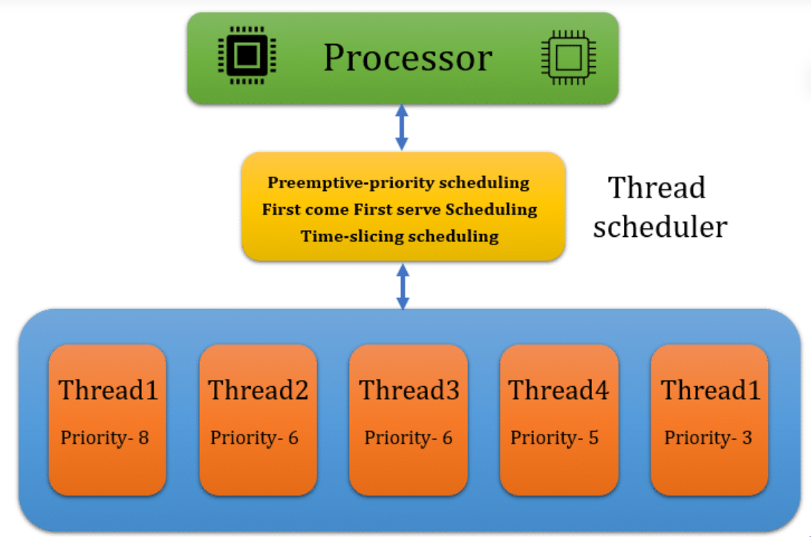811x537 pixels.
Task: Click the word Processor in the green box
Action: click(x=407, y=58)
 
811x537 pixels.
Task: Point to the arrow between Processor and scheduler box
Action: click(x=402, y=128)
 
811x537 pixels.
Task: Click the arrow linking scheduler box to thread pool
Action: click(x=403, y=286)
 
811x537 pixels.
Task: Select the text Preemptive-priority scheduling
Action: click(x=399, y=183)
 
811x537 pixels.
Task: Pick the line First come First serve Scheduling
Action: click(x=400, y=209)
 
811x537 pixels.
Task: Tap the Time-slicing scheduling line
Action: click(x=400, y=237)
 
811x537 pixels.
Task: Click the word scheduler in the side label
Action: click(x=659, y=226)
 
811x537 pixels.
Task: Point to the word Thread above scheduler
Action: click(x=657, y=188)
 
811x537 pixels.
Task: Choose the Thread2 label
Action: click(x=258, y=390)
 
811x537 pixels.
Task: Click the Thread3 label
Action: click(x=409, y=390)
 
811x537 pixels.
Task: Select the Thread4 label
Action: click(x=558, y=390)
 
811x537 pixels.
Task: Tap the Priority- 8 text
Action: click(x=105, y=438)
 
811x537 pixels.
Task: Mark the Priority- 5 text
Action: click(x=554, y=438)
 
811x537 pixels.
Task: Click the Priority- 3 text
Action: click(x=708, y=438)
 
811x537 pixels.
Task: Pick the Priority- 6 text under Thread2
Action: click(x=254, y=438)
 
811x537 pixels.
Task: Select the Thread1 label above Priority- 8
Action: click(x=108, y=390)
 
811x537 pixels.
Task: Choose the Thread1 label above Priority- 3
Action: click(x=711, y=390)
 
